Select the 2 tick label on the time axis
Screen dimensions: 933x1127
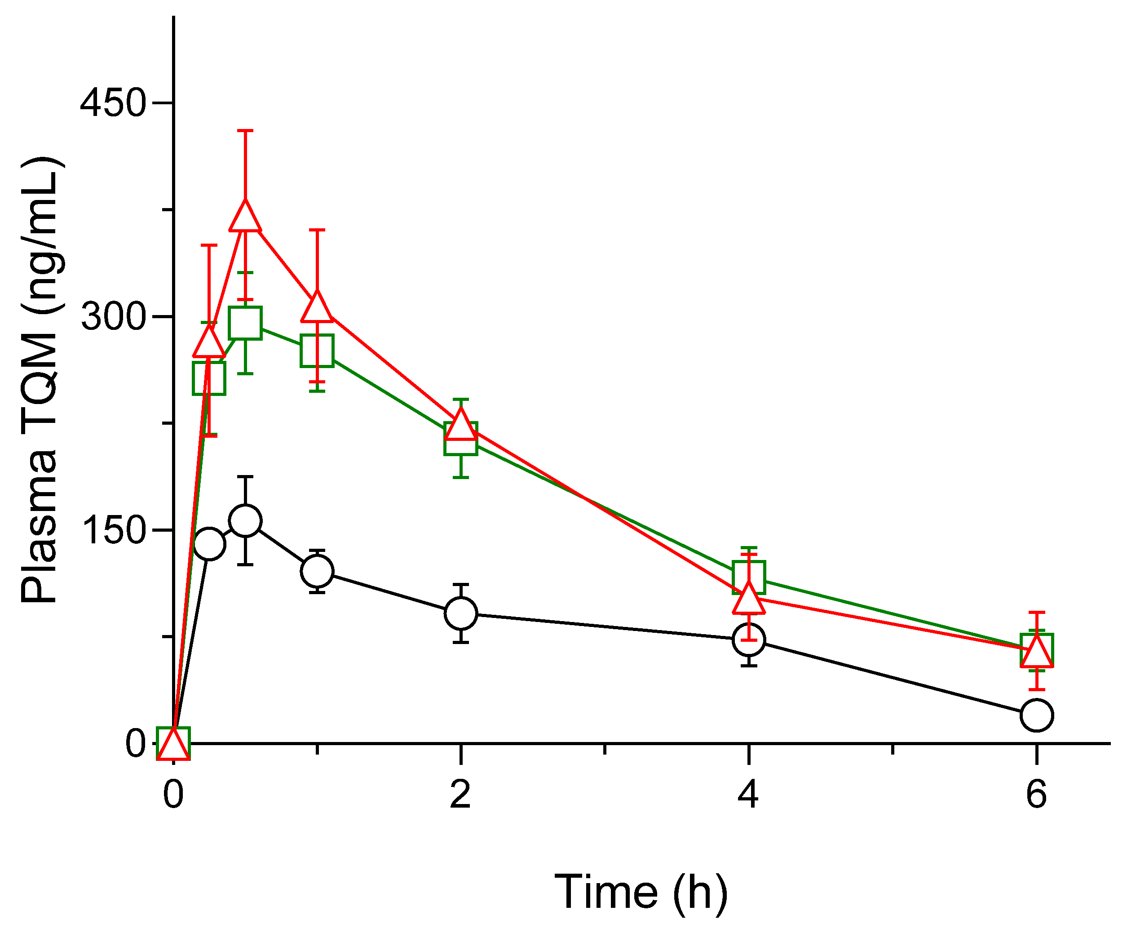(460, 795)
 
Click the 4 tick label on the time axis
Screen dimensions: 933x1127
(748, 795)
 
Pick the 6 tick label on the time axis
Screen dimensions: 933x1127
(1036, 795)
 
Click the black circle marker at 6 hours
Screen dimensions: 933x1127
(1036, 715)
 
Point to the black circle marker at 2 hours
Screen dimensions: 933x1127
(460, 613)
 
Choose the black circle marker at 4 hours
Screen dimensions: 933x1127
(748, 640)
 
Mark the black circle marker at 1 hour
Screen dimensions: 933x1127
(317, 571)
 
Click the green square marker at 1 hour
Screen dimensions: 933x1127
(317, 351)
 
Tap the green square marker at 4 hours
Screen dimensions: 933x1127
(748, 578)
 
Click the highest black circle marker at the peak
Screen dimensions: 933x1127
(245, 520)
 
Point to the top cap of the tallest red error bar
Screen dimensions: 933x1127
(245, 130)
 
